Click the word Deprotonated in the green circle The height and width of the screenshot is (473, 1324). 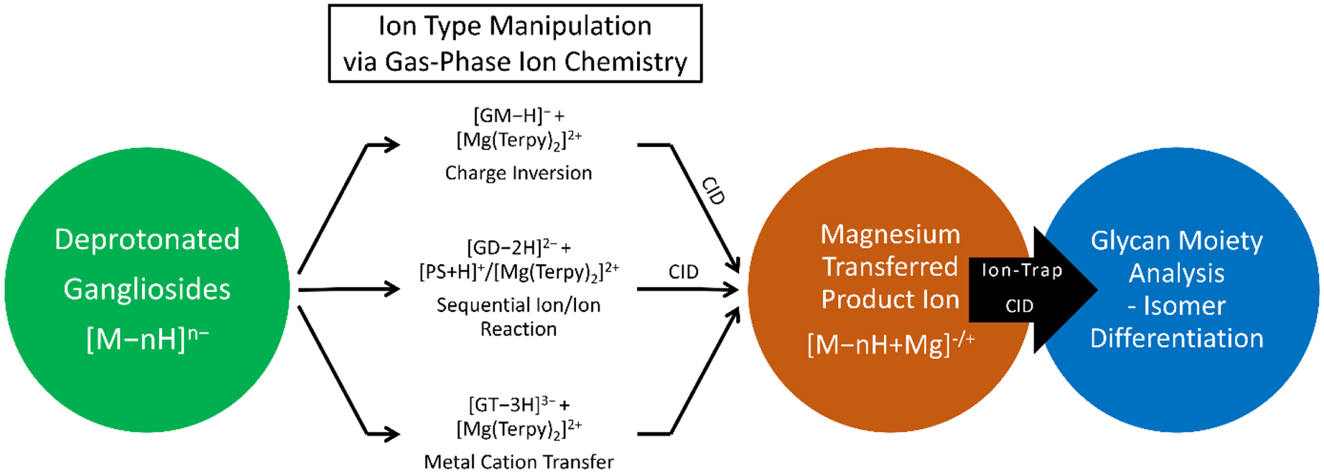point(147,240)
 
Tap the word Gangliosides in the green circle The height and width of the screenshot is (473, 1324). point(147,289)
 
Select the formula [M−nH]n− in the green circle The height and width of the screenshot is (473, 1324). point(147,338)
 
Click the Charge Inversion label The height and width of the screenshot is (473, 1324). point(519,173)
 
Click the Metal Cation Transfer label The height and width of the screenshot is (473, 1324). point(519,462)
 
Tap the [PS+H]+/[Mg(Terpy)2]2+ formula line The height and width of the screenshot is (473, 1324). point(519,271)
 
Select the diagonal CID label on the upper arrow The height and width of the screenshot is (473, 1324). point(713,191)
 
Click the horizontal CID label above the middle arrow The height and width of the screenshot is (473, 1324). point(683,272)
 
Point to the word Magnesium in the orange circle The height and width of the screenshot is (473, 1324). point(890,234)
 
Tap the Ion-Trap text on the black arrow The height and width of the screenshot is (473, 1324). point(1022,271)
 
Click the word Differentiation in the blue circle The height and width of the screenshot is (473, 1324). point(1177,338)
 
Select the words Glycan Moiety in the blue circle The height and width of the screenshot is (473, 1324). point(1177,241)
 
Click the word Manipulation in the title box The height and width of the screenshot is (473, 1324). point(571,26)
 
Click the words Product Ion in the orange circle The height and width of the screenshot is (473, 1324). point(890,299)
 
